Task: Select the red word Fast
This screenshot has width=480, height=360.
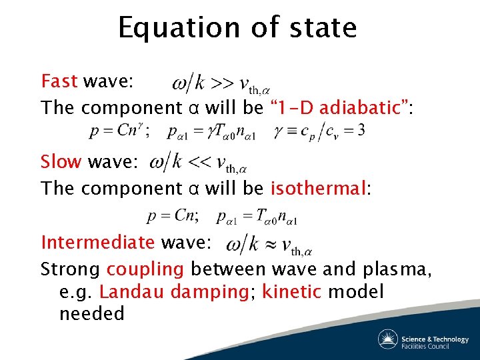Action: [x=59, y=81]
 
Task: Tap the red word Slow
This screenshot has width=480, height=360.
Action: [x=61, y=162]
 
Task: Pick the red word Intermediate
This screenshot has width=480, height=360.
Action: [x=97, y=242]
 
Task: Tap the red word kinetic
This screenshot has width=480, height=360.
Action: [x=289, y=292]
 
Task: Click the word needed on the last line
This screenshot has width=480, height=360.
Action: [x=91, y=314]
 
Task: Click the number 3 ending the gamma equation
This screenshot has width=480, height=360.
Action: [x=361, y=130]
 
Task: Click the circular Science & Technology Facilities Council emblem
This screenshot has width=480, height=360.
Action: [x=388, y=339]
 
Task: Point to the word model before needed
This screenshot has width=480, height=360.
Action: [x=357, y=292]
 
